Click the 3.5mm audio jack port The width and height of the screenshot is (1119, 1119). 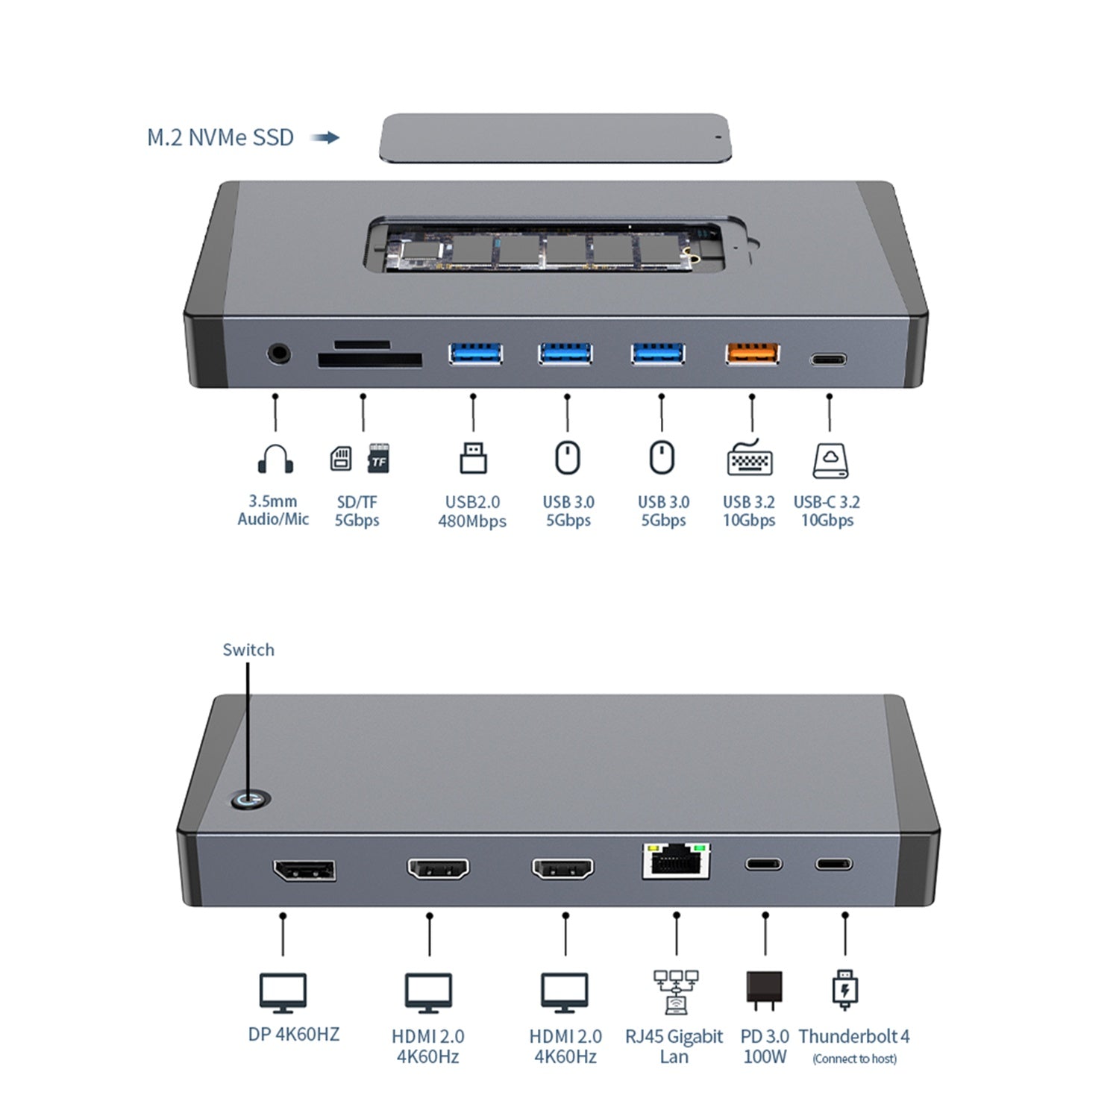278,353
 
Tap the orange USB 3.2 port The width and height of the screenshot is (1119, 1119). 753,354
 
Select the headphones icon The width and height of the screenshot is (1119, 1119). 275,459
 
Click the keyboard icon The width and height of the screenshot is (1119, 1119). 750,459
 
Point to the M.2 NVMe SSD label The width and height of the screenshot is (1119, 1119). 220,138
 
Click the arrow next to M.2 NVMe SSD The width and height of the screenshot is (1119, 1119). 325,138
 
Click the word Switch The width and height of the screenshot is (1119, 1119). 248,650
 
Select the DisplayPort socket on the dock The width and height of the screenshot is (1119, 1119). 304,871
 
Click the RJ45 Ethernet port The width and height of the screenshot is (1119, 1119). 676,862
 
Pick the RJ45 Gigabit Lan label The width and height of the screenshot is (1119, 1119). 674,1046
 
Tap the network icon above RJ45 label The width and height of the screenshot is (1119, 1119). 675,991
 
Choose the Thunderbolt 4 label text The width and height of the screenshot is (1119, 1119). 854,1037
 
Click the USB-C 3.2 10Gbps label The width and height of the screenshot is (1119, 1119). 827,511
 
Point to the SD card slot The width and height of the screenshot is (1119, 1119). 370,360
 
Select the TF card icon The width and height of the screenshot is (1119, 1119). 379,458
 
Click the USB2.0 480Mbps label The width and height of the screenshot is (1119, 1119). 472,511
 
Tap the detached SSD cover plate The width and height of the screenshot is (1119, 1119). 555,138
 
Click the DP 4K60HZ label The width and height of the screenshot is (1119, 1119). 293,1034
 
